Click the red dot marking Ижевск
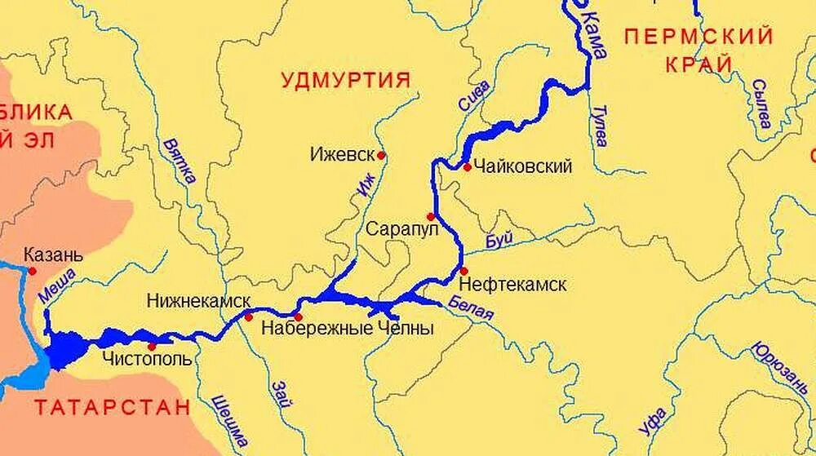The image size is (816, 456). (x=380, y=154)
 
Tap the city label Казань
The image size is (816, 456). (x=53, y=255)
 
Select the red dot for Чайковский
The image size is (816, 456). (x=467, y=167)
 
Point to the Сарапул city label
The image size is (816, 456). (x=402, y=228)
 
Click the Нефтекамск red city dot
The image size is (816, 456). (x=463, y=271)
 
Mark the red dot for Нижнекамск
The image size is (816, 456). (x=249, y=317)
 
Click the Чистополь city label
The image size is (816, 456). (x=148, y=359)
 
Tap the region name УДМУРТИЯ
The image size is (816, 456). (x=345, y=79)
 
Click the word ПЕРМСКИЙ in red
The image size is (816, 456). (x=698, y=37)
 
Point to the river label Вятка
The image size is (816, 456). (x=180, y=160)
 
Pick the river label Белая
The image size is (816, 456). (x=471, y=309)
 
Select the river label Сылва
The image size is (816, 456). (x=761, y=103)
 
